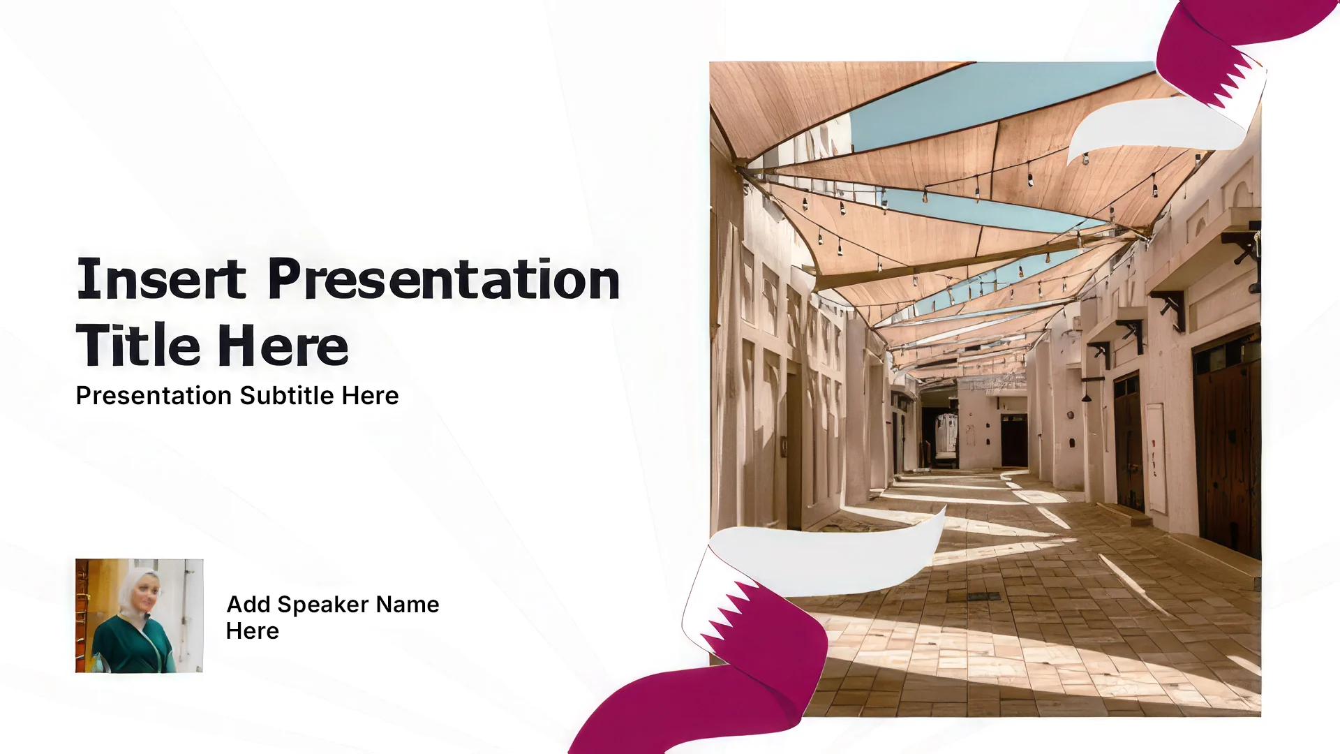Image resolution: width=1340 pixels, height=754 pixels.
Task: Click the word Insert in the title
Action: (x=161, y=279)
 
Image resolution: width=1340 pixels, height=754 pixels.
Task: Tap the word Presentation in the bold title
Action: (x=444, y=279)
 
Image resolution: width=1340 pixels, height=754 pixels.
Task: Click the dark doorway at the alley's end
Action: (x=1013, y=440)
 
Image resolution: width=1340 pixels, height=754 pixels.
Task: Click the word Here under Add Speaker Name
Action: (x=253, y=631)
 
